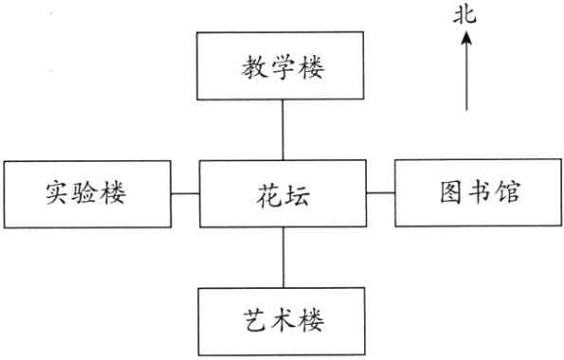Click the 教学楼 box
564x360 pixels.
point(282,65)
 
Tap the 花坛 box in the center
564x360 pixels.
point(282,193)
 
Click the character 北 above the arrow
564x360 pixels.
point(466,13)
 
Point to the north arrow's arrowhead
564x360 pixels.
point(466,38)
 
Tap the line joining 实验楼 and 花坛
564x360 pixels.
point(185,193)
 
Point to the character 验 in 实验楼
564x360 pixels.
point(86,193)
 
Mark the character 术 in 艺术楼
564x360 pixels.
point(282,321)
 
